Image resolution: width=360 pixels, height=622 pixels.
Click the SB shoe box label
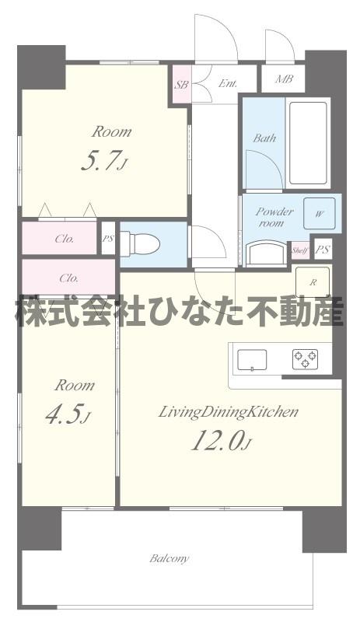[181, 84]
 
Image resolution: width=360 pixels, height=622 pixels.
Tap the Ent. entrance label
[227, 83]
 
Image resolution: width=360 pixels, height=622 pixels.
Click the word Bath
[265, 138]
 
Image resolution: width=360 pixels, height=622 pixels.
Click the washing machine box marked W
[320, 212]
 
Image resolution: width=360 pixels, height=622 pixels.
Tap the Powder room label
[274, 217]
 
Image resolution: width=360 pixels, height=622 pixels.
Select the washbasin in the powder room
[266, 254]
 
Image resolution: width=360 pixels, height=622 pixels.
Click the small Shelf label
[299, 250]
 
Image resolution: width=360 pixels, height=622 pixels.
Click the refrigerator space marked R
[312, 282]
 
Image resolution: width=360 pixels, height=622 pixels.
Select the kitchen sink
[252, 360]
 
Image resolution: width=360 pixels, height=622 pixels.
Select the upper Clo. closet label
[64, 239]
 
